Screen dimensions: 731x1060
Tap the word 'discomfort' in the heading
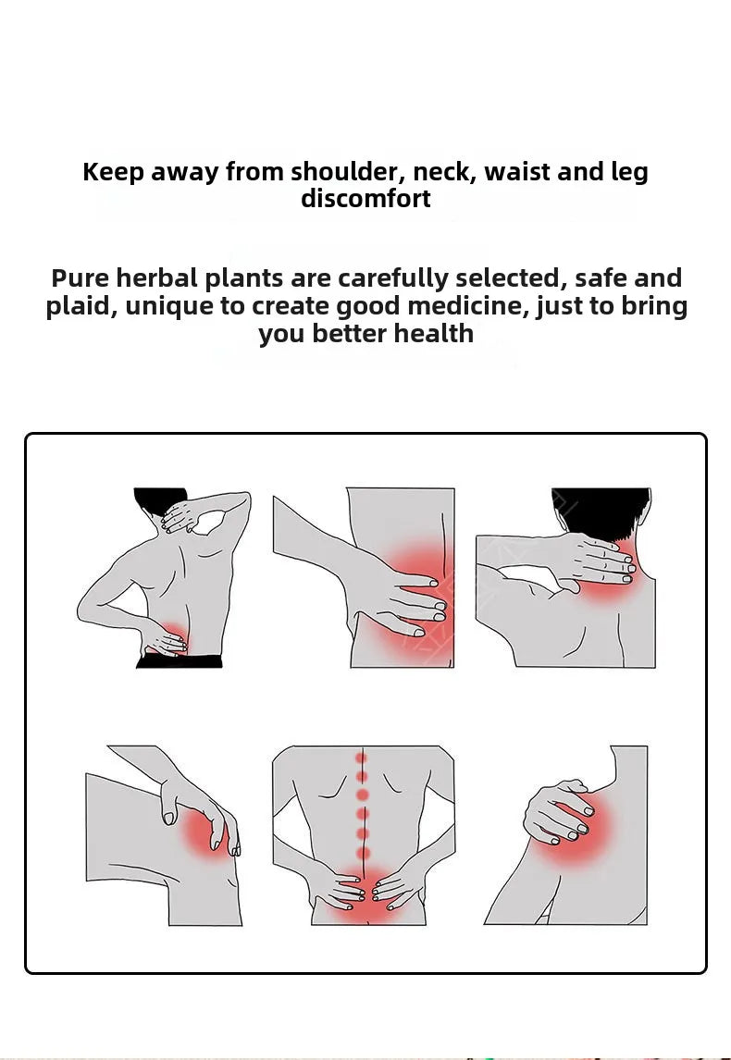[x=365, y=199]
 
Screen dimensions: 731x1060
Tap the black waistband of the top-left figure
[x=180, y=661]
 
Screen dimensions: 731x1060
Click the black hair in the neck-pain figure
[x=601, y=513]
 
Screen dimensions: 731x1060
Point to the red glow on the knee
[x=205, y=833]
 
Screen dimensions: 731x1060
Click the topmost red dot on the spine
[x=362, y=759]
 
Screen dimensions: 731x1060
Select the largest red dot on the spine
[x=363, y=795]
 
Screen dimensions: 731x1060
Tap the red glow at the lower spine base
[x=363, y=895]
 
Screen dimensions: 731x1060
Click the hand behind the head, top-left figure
[x=180, y=517]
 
